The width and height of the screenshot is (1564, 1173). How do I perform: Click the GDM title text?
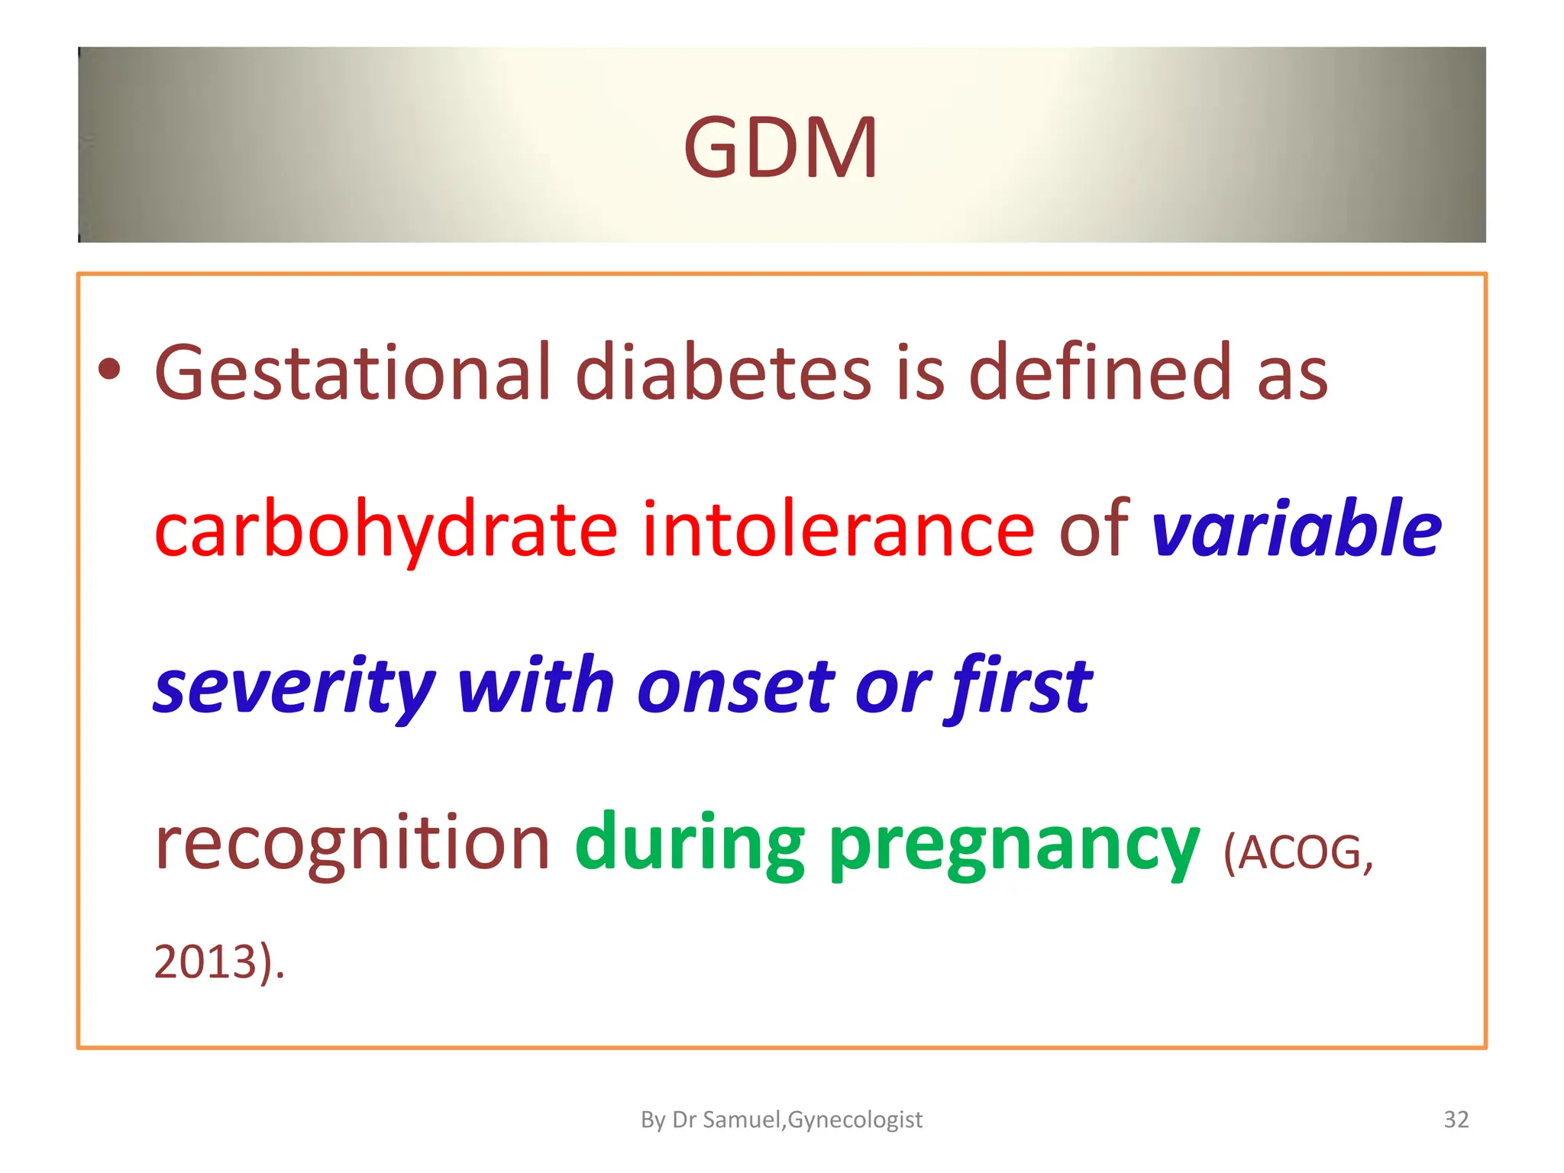780,147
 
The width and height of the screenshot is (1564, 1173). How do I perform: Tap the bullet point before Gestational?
110,370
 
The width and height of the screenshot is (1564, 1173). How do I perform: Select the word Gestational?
352,373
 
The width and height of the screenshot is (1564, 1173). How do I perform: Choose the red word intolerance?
838,529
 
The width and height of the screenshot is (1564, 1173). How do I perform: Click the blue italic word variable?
1296,528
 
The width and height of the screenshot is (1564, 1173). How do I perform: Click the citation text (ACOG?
1298,853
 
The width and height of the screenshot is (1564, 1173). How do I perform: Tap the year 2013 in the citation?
205,962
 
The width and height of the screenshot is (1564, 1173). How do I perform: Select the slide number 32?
1456,1120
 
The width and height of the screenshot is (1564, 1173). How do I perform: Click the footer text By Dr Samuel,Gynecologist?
781,1120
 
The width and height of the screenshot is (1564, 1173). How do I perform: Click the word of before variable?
1094,528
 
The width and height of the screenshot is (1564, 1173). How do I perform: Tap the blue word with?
535,686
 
